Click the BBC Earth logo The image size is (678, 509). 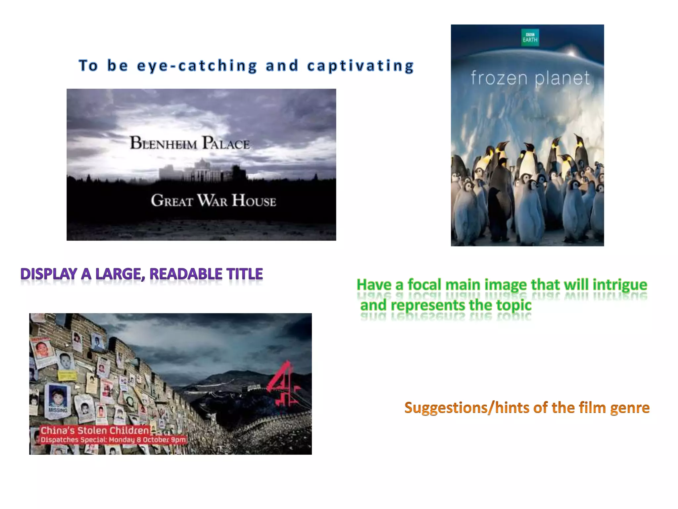click(x=530, y=37)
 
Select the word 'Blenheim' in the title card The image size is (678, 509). click(x=163, y=143)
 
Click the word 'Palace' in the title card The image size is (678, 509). click(x=226, y=143)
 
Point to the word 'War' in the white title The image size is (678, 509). click(x=212, y=200)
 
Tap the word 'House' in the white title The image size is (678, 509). click(x=254, y=200)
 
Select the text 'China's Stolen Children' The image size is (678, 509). click(x=95, y=430)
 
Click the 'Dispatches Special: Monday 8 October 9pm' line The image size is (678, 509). click(x=113, y=440)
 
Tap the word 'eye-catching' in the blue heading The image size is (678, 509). click(x=197, y=66)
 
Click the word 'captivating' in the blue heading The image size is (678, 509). click(x=361, y=66)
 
